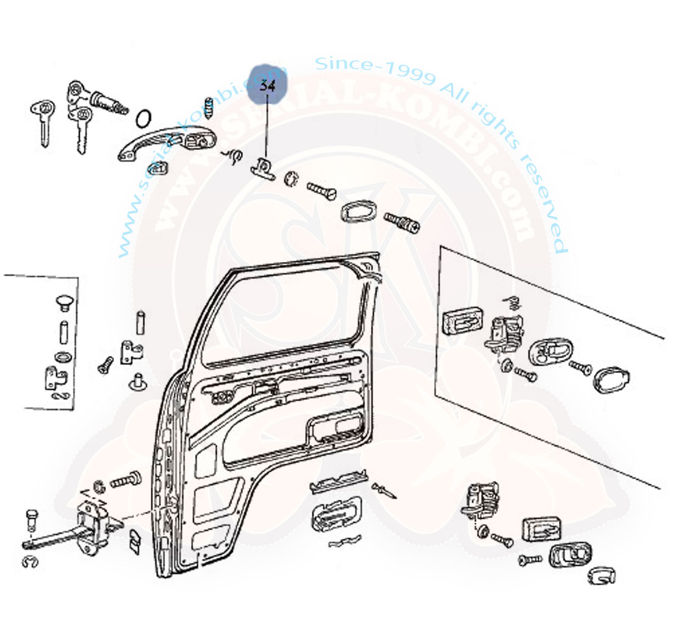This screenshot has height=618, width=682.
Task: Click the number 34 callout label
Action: [267, 86]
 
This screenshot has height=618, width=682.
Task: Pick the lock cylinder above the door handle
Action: [108, 101]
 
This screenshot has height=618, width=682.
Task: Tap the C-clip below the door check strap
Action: [30, 561]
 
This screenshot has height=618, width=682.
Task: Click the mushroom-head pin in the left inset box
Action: [63, 300]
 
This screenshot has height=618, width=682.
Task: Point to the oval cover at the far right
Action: [611, 378]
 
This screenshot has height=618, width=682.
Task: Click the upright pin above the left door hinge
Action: [139, 322]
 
